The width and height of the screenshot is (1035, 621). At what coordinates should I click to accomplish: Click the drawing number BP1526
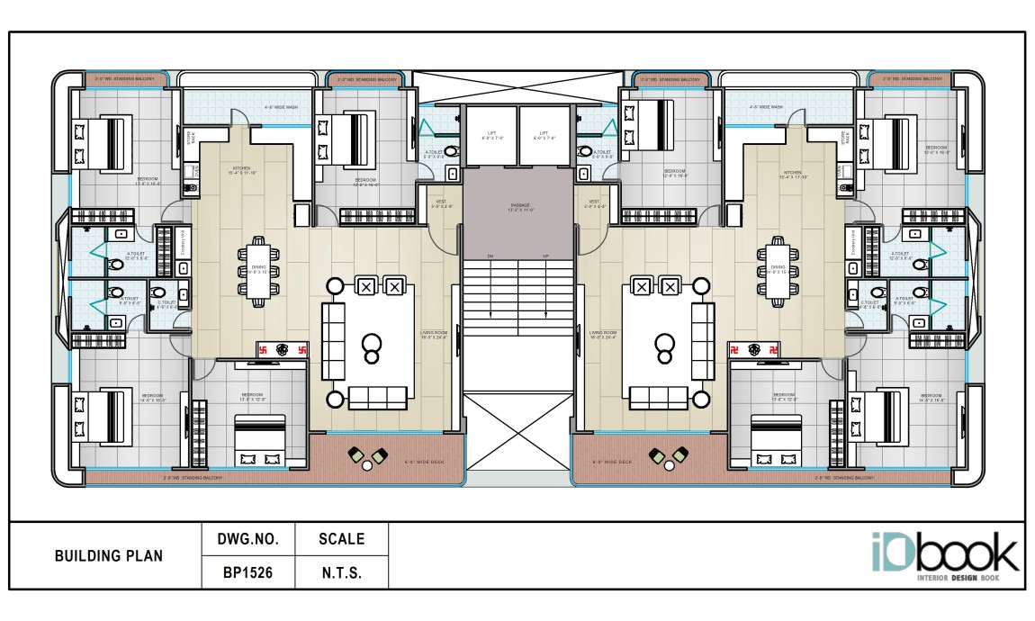pyautogui.click(x=248, y=571)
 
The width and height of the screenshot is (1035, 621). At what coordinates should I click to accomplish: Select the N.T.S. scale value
pyautogui.click(x=342, y=571)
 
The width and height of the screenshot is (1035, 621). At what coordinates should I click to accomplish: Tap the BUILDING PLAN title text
pyautogui.click(x=109, y=556)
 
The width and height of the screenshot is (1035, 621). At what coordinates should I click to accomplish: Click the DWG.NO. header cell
pyautogui.click(x=248, y=540)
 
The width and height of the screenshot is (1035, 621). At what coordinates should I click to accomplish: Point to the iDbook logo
pyautogui.click(x=944, y=554)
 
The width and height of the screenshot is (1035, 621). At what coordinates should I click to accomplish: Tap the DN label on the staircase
pyautogui.click(x=490, y=256)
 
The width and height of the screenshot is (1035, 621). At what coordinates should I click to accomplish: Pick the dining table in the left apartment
pyautogui.click(x=258, y=267)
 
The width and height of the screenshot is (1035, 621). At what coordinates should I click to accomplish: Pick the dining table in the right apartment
pyautogui.click(x=777, y=267)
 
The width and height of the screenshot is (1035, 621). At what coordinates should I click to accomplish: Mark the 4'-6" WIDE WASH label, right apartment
pyautogui.click(x=765, y=107)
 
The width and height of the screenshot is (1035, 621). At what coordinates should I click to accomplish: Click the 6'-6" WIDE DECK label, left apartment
pyautogui.click(x=419, y=462)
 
